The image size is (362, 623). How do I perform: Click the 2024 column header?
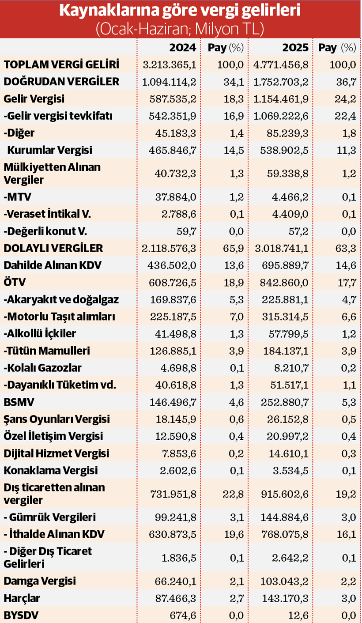(x=183, y=48)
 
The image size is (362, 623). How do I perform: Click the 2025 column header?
(x=295, y=48)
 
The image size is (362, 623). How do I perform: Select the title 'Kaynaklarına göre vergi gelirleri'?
(x=180, y=11)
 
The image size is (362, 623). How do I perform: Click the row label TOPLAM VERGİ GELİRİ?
(x=61, y=65)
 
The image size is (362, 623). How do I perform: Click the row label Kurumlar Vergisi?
(x=49, y=150)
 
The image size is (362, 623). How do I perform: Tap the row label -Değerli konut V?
(x=45, y=230)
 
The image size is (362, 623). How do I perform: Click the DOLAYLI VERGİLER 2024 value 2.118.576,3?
(x=169, y=248)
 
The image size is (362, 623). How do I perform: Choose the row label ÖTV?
(x=12, y=282)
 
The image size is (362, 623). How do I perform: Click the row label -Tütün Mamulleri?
(x=47, y=351)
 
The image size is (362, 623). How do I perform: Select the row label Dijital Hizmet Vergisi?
(x=57, y=453)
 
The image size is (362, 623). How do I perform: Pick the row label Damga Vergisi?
(x=40, y=581)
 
